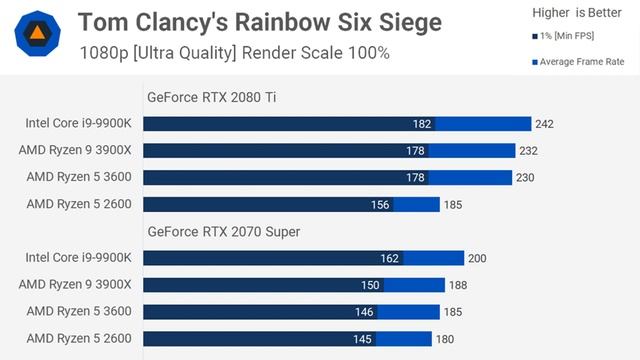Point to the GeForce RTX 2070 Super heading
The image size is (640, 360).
(224, 232)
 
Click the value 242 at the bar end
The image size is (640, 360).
(544, 124)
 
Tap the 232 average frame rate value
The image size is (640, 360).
(529, 151)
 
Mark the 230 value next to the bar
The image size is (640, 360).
(526, 178)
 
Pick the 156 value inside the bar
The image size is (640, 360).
(380, 205)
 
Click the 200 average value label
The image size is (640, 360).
(477, 258)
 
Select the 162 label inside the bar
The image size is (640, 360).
(389, 258)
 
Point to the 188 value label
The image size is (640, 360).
(458, 285)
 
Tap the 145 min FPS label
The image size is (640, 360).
(362, 339)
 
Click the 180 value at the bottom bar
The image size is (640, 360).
(445, 339)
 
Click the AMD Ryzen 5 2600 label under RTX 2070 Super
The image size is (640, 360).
(79, 339)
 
